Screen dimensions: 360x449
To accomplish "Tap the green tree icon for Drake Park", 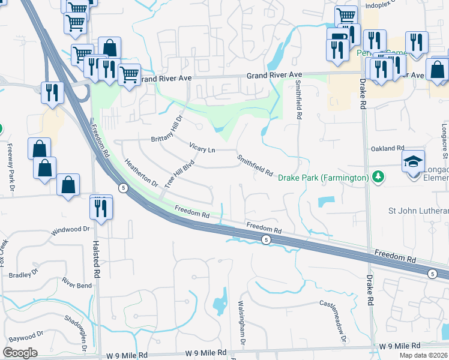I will coord(378,177).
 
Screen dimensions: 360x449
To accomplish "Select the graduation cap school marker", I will coord(414,162).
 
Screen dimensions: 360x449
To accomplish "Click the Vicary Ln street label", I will coord(202,146).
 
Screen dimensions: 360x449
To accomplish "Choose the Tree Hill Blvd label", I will coord(180,173).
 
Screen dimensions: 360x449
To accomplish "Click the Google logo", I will coord(20,353).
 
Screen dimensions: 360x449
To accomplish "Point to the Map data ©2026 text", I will coord(423,355).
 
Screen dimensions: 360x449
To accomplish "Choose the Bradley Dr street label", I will coord(25,275).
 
